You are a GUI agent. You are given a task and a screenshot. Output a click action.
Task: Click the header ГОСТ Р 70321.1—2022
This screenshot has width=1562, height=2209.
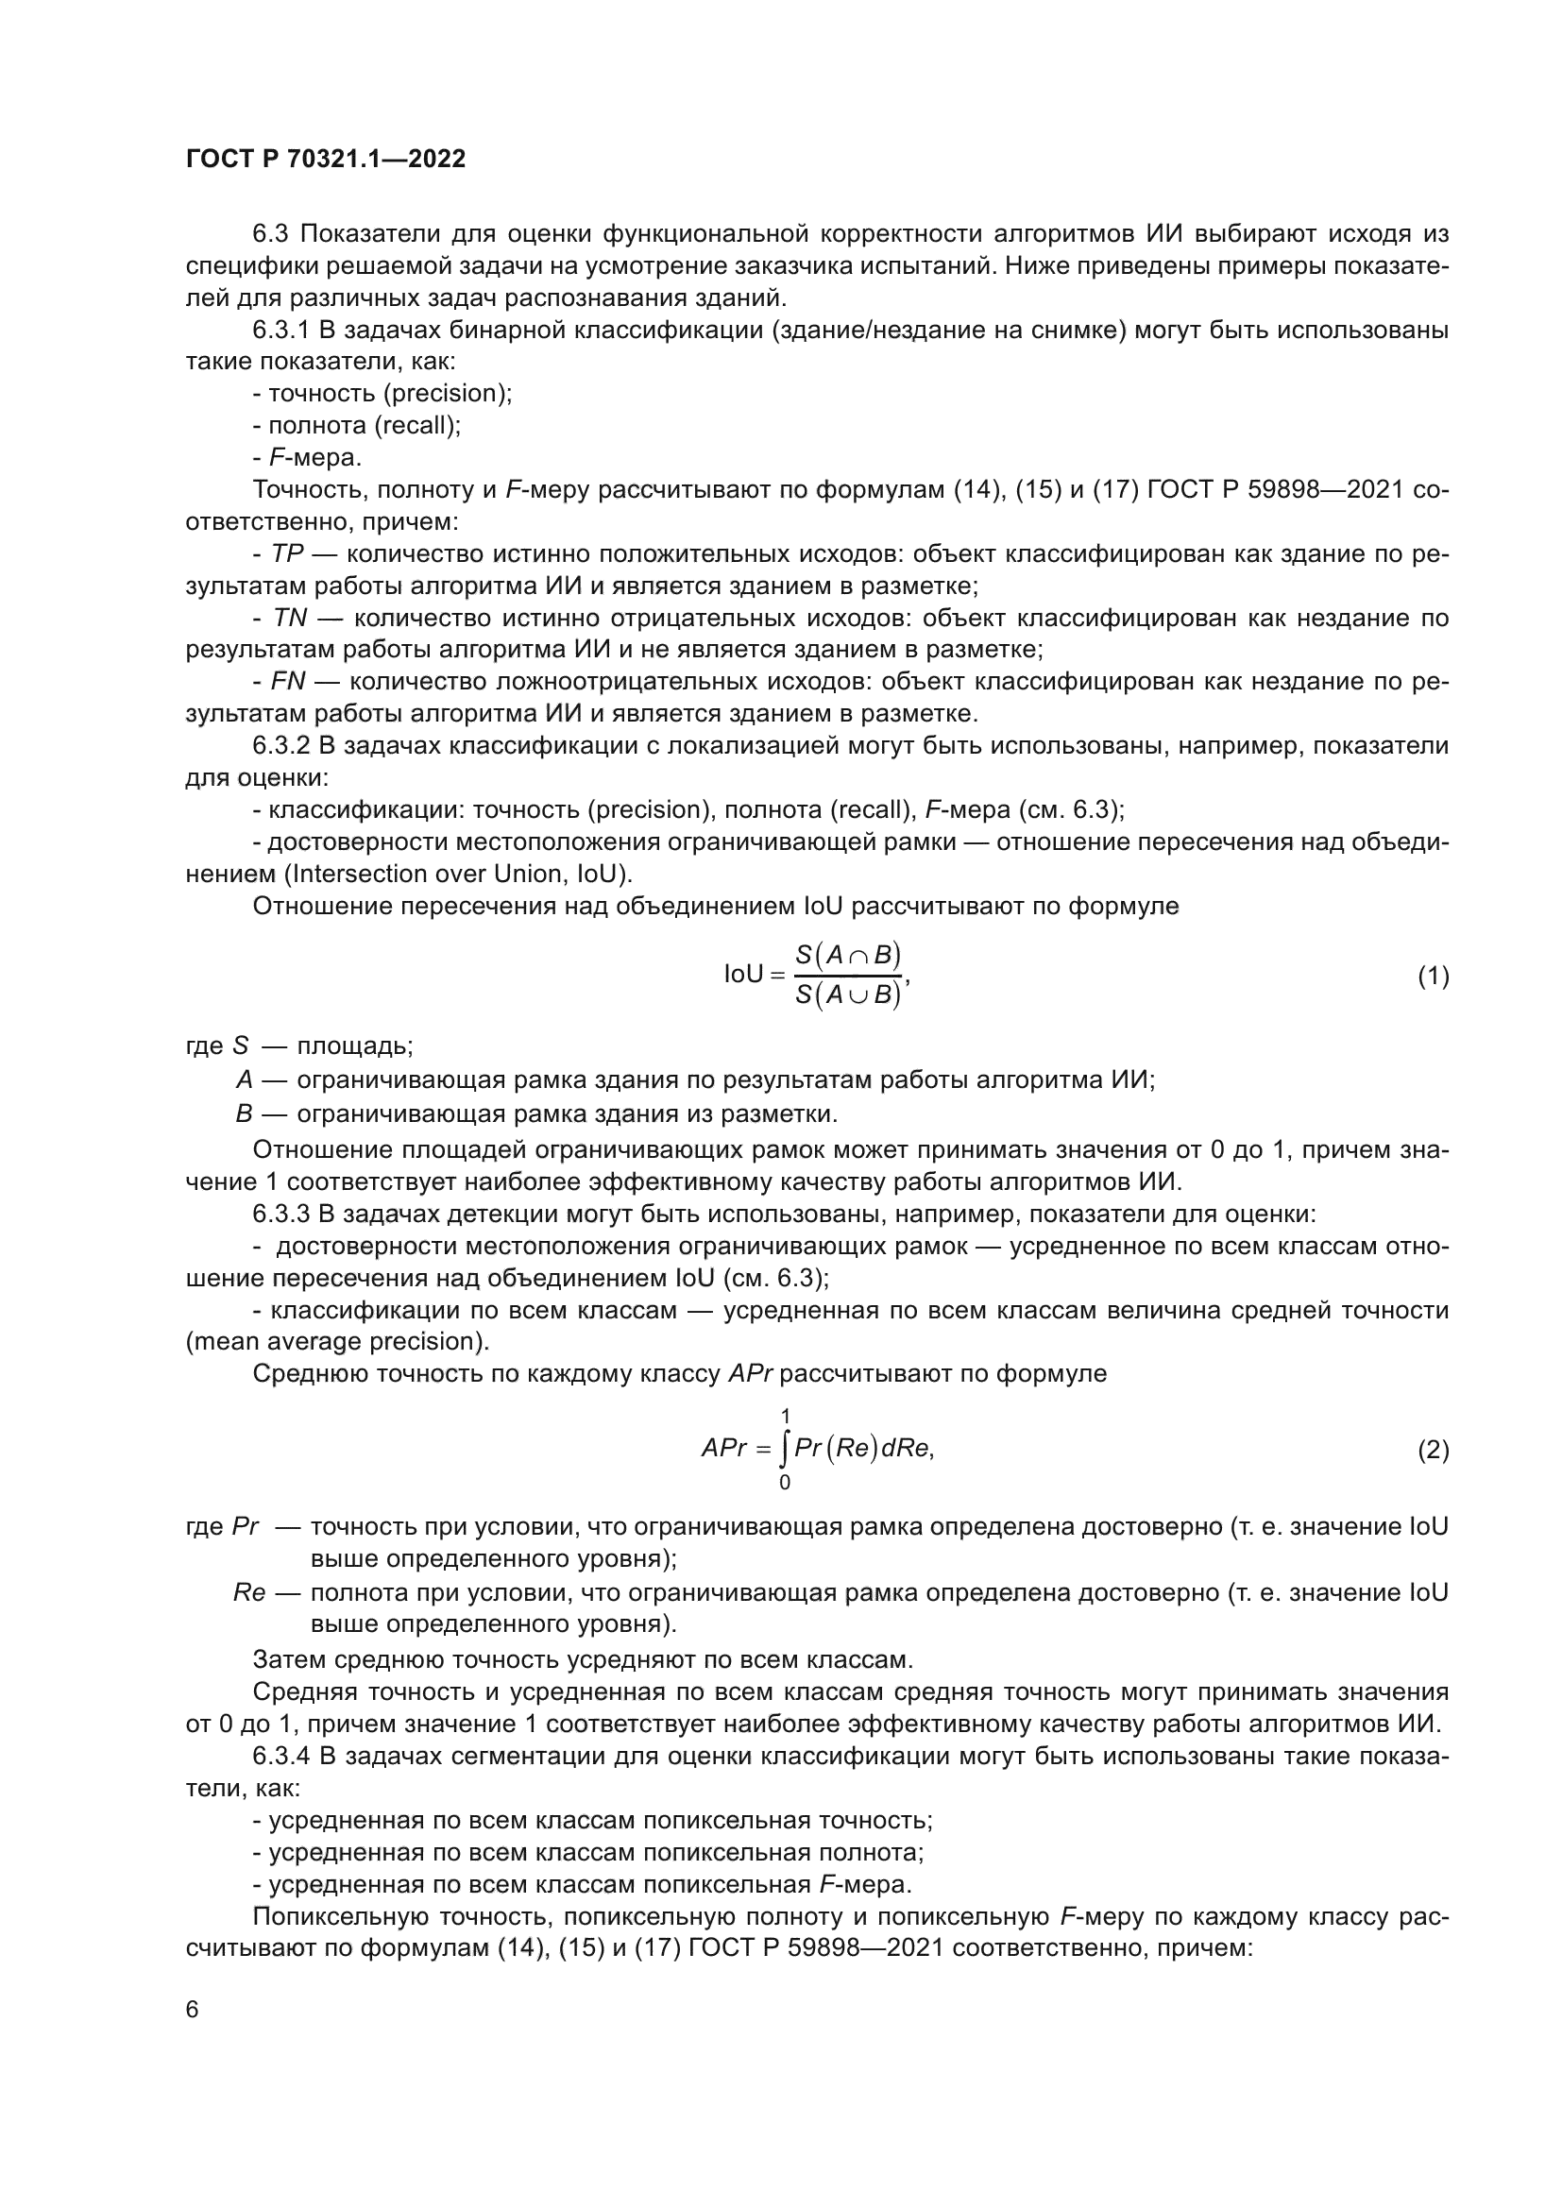click(x=325, y=159)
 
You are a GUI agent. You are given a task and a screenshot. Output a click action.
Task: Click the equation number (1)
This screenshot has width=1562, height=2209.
click(x=1434, y=977)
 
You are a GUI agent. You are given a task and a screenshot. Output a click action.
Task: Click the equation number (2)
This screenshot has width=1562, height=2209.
click(x=1434, y=1450)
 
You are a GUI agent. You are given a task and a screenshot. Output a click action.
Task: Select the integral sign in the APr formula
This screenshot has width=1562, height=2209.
click(x=786, y=1449)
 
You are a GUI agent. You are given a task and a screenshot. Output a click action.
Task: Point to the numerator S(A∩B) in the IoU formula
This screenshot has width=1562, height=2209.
click(x=847, y=955)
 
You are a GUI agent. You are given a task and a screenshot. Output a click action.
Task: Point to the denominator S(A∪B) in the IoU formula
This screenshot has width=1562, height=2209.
click(x=847, y=995)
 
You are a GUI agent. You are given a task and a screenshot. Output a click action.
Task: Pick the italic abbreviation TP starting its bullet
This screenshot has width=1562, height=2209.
click(x=288, y=554)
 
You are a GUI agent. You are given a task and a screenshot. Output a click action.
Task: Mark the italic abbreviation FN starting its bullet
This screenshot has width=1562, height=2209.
click(x=289, y=682)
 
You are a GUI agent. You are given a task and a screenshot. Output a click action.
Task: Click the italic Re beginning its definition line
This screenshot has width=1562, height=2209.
click(x=248, y=1592)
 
